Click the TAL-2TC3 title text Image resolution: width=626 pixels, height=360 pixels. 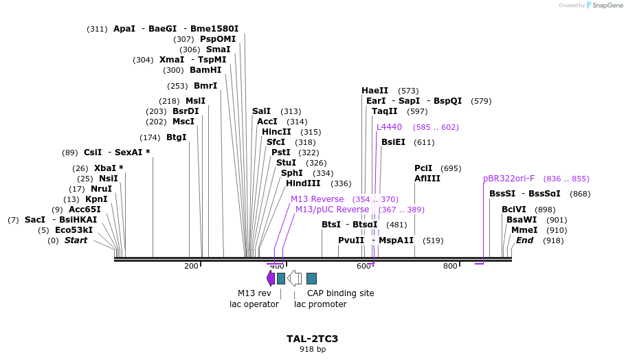point(312,339)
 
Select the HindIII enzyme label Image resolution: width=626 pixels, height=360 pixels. point(303,183)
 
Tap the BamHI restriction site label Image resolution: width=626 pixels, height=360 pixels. point(205,70)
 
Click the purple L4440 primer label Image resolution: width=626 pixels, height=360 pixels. point(389,127)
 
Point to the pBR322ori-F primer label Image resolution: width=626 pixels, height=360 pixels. point(508,179)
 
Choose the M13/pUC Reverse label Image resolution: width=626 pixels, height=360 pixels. point(332,210)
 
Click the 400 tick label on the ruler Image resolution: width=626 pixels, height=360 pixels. point(277,266)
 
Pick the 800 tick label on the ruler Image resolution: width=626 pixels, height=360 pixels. point(450,266)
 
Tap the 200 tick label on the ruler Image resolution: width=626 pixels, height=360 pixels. point(191,266)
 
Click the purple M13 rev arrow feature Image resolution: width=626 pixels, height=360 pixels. point(271,278)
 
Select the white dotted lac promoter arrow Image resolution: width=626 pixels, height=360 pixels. point(294,278)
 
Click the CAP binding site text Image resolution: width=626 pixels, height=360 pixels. point(340,293)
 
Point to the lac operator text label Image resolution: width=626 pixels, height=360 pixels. point(254,304)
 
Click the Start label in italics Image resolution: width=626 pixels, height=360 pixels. point(76,240)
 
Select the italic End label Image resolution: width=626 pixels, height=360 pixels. point(524,240)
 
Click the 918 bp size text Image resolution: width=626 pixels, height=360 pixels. point(312,350)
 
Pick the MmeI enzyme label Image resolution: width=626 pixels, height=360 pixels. point(524,230)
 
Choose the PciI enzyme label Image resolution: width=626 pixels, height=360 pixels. point(423,168)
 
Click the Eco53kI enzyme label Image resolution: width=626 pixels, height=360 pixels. point(74,230)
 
